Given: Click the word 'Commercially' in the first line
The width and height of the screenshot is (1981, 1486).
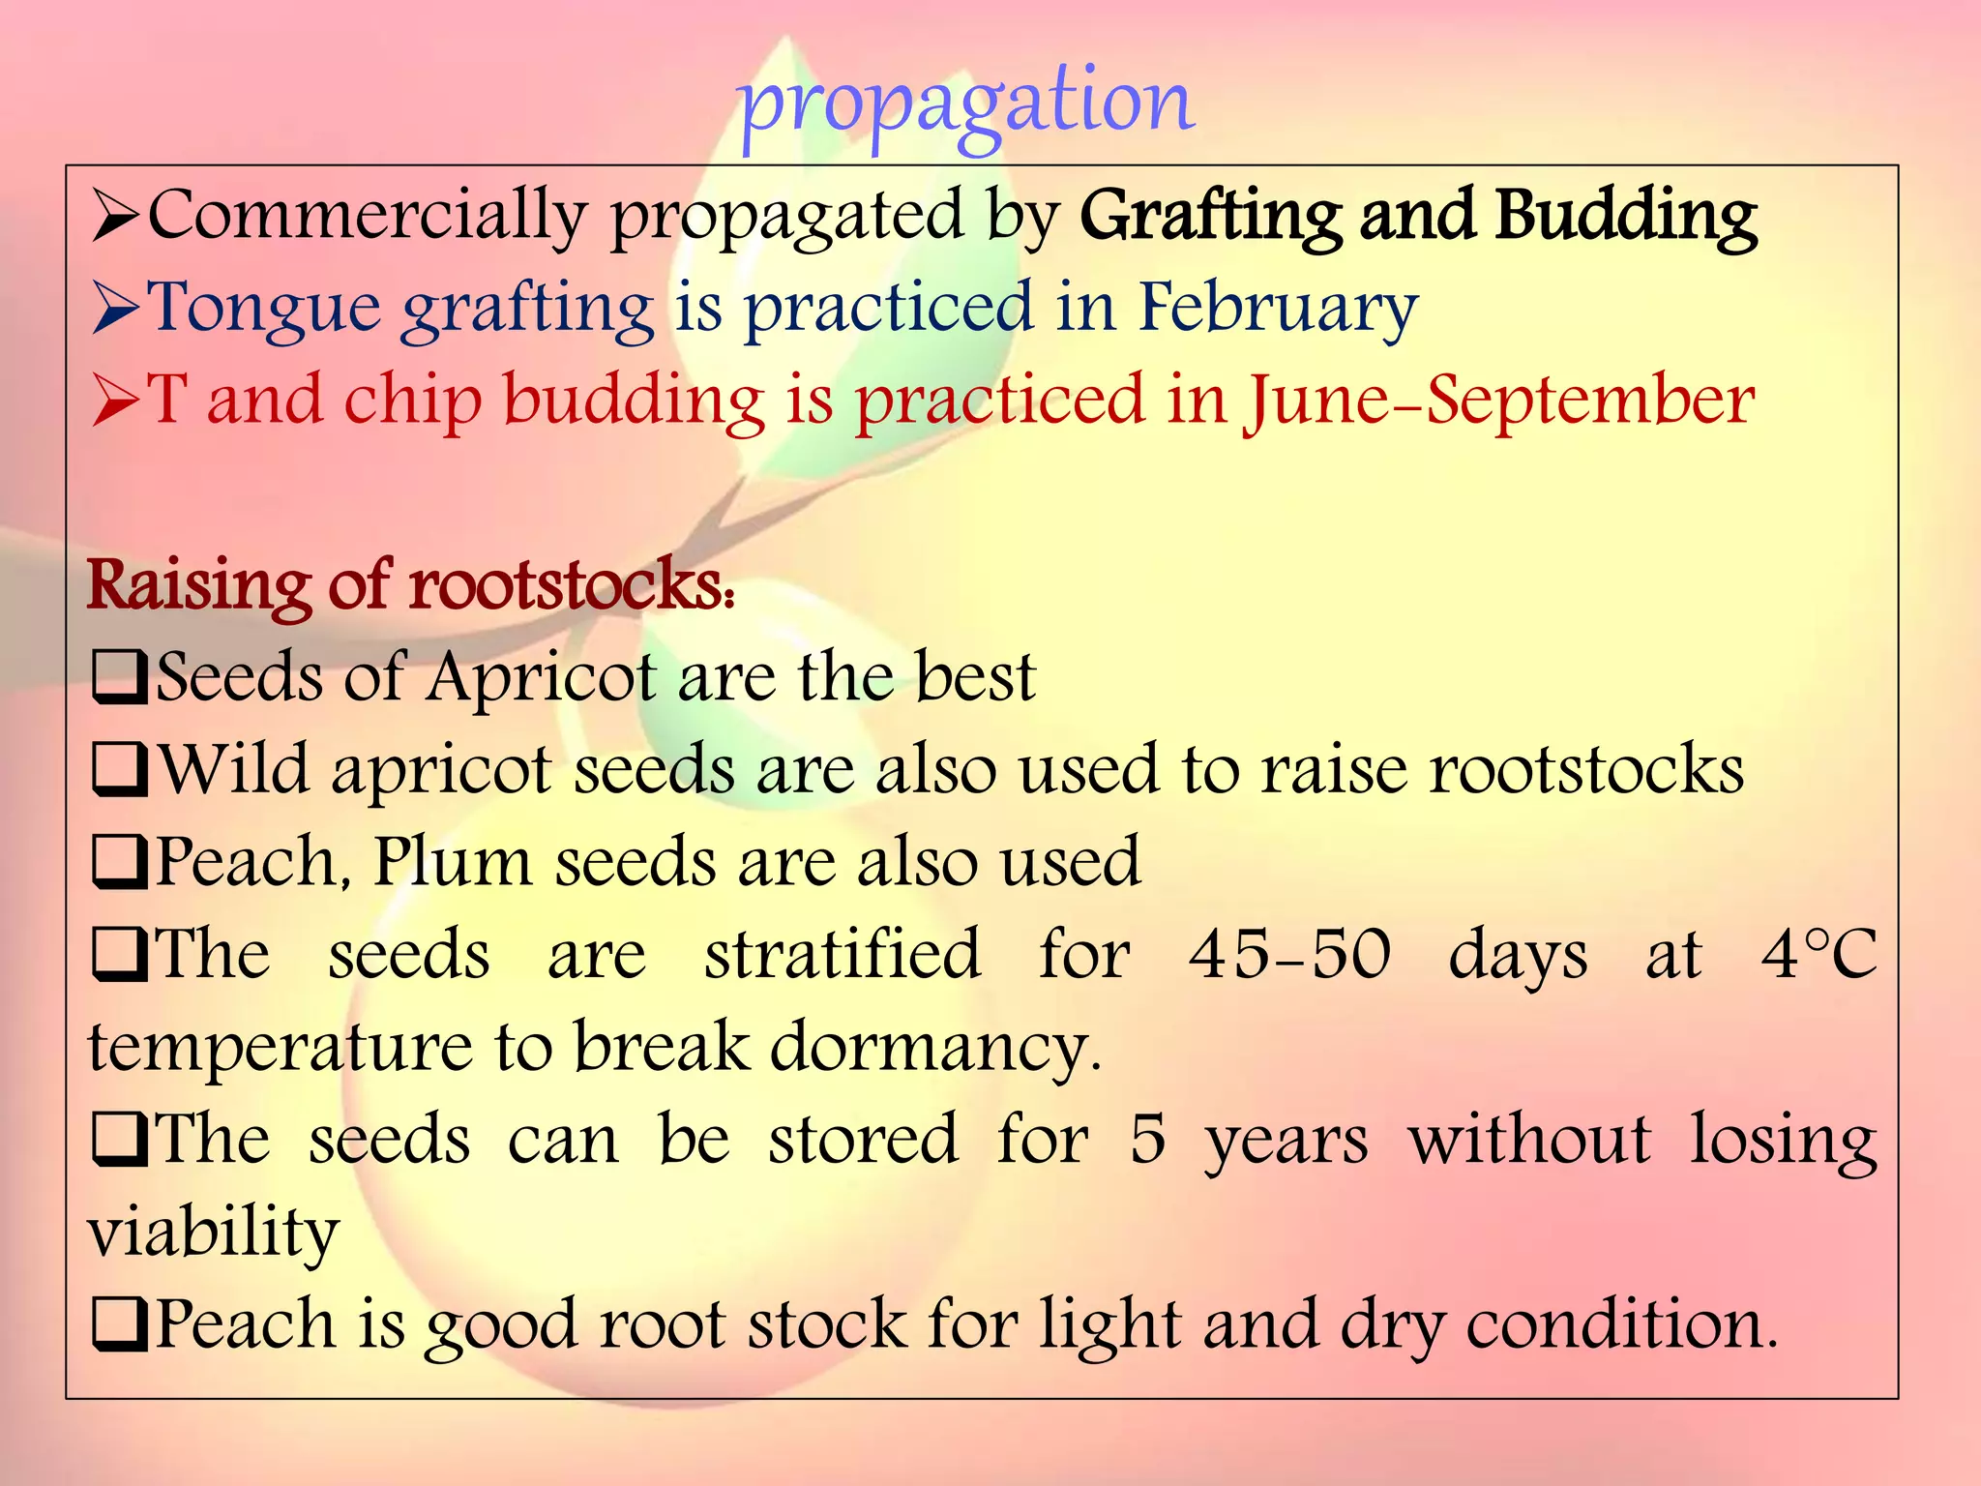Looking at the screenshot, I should pyautogui.click(x=367, y=215).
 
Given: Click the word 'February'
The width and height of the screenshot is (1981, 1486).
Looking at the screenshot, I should pyautogui.click(x=1277, y=308).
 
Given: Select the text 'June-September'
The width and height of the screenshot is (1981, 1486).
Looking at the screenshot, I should pyautogui.click(x=1499, y=401).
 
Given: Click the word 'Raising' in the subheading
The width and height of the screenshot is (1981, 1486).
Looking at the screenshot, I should pyautogui.click(x=198, y=585).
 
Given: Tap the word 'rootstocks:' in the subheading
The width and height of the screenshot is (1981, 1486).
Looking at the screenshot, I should pyautogui.click(x=571, y=585).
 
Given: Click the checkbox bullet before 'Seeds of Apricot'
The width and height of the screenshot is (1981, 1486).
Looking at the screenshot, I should pyautogui.click(x=119, y=678).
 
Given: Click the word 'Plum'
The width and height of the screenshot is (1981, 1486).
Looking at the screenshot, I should pyautogui.click(x=453, y=861).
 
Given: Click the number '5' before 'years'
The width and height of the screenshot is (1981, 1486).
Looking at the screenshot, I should pyautogui.click(x=1147, y=1140).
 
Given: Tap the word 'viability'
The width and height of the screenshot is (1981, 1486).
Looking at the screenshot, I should pyautogui.click(x=214, y=1233).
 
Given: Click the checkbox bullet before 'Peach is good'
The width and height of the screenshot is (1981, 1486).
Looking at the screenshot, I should pyautogui.click(x=119, y=1325).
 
